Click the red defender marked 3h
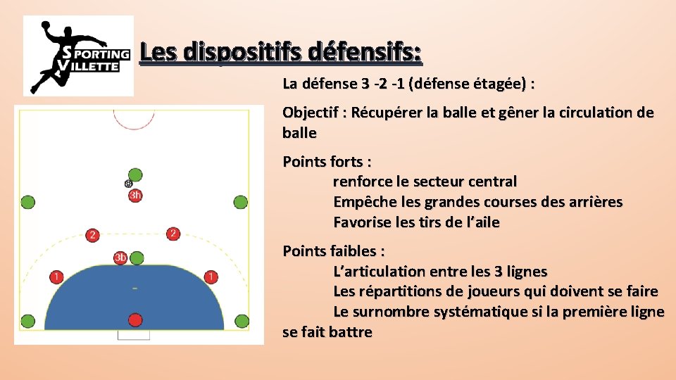[x=135, y=195]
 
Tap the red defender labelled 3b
[x=121, y=258]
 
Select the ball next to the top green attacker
[x=128, y=184]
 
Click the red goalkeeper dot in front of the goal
[x=135, y=320]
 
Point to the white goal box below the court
[x=134, y=335]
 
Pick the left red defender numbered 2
[x=92, y=234]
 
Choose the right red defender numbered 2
[x=173, y=233]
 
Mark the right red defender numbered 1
[x=210, y=276]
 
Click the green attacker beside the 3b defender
[x=137, y=258]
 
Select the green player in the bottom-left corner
[x=27, y=322]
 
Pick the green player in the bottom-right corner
[x=242, y=322]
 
